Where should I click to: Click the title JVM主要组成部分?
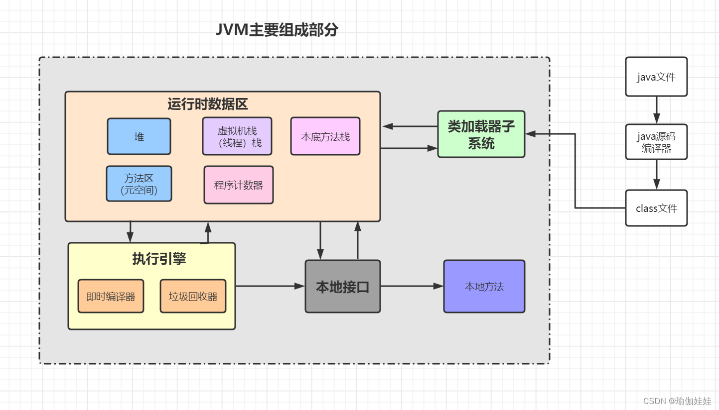click(277, 30)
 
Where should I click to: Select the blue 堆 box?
click(139, 136)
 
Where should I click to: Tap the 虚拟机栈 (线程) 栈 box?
click(237, 136)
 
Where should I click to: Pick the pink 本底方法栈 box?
click(325, 136)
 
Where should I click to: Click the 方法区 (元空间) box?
click(139, 184)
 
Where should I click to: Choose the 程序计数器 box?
click(239, 185)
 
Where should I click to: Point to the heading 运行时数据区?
click(208, 104)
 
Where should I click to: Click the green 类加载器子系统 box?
click(481, 134)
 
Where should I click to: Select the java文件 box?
click(656, 77)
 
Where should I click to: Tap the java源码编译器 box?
click(656, 142)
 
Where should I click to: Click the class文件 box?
click(656, 208)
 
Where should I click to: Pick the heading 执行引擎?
click(159, 259)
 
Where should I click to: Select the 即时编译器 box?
click(111, 296)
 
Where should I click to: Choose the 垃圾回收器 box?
click(193, 296)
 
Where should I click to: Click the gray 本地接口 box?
click(343, 287)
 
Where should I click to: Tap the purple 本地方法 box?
click(484, 287)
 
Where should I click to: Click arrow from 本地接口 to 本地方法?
click(412, 286)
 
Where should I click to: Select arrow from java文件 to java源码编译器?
click(656, 110)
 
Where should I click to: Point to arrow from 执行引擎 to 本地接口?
click(270, 286)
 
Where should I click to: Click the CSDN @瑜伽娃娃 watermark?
click(677, 401)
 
